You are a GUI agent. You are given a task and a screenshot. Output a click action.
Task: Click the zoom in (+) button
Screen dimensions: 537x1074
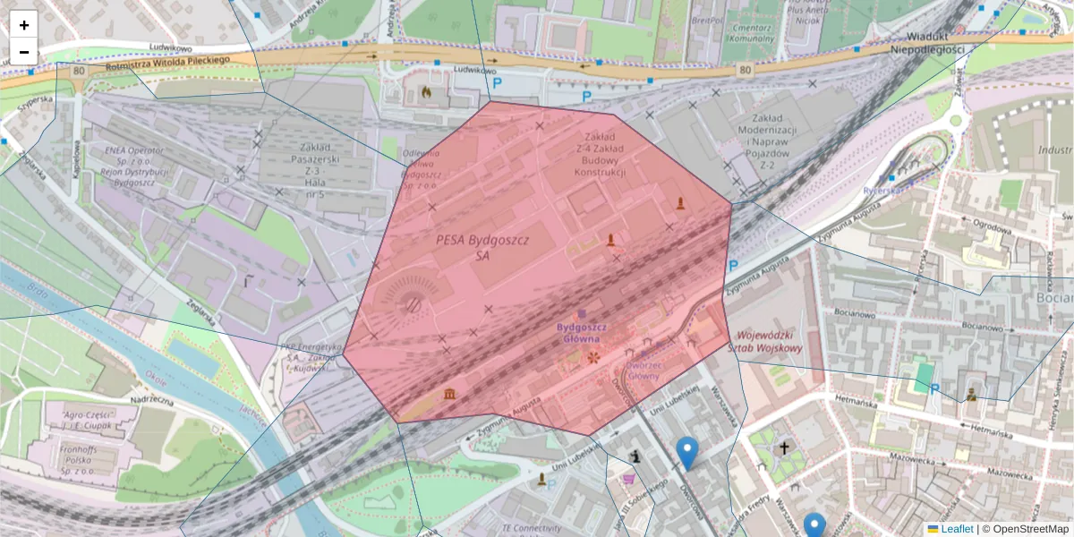coord(24,24)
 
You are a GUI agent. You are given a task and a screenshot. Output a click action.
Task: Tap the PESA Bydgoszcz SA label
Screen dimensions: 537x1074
coord(483,248)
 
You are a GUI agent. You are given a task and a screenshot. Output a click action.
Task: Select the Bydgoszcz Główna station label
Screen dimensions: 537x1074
coord(581,332)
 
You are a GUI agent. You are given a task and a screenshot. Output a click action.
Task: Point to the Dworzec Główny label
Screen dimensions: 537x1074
coord(643,370)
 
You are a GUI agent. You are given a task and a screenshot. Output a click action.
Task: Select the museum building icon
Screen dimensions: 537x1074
coord(449,395)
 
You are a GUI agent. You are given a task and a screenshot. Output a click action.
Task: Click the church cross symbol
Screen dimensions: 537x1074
coord(785,447)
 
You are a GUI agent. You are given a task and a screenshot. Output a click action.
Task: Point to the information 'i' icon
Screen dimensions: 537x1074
coord(636,457)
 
